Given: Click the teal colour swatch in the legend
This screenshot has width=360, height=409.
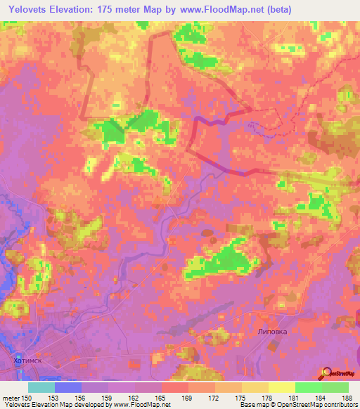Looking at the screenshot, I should pyautogui.click(x=41, y=387).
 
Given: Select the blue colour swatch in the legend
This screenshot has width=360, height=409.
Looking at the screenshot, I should pyautogui.click(x=68, y=387).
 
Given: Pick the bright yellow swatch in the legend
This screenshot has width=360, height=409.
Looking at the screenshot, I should pyautogui.click(x=281, y=387).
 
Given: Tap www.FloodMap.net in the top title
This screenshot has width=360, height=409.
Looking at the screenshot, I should pyautogui.click(x=219, y=8).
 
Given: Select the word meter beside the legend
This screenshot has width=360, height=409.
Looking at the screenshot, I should pyautogui.click(x=10, y=398).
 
